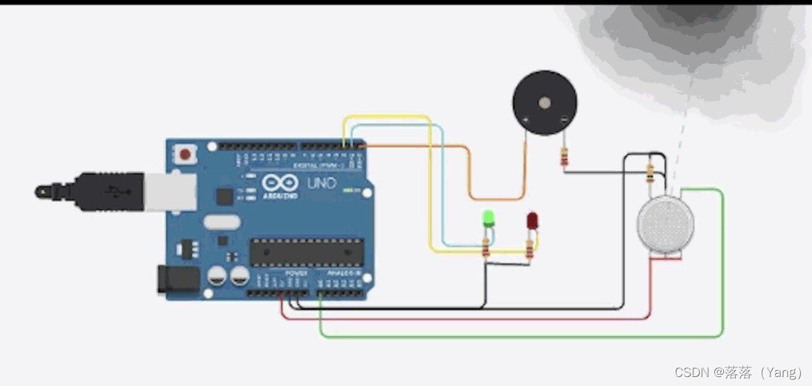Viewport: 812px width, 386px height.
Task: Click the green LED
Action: [x=488, y=219]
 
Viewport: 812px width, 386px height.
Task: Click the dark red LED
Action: [x=532, y=221]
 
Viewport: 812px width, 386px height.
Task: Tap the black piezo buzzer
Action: [x=545, y=102]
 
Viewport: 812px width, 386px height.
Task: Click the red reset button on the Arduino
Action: [x=185, y=154]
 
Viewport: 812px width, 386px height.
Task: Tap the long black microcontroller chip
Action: [x=306, y=251]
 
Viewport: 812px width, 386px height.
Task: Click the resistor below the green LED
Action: [x=486, y=246]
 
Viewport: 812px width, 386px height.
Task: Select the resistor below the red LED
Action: [x=530, y=247]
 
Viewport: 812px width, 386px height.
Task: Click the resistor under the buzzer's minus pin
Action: [x=564, y=158]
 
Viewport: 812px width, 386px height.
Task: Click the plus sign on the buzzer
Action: [x=525, y=121]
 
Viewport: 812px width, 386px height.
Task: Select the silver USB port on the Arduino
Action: [x=171, y=190]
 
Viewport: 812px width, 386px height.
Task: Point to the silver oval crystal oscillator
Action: [x=221, y=222]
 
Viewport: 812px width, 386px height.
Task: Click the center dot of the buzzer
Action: [x=545, y=103]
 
